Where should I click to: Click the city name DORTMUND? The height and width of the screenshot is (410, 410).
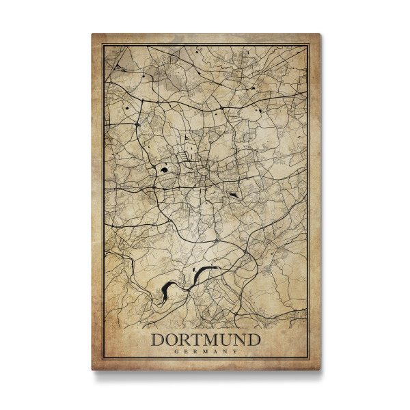pyautogui.click(x=206, y=339)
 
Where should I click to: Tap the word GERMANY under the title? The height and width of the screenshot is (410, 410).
pyautogui.click(x=206, y=351)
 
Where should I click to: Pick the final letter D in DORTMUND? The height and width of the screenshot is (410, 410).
pyautogui.click(x=254, y=339)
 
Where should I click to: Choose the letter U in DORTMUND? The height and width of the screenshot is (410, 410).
pyautogui.click(x=227, y=339)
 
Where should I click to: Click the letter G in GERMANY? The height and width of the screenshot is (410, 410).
pyautogui.click(x=177, y=351)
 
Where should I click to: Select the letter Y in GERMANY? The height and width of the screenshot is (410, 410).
pyautogui.click(x=235, y=351)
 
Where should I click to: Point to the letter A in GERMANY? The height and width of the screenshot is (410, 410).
pyautogui.click(x=215, y=351)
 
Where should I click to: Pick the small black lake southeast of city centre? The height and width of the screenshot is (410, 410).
pyautogui.click(x=233, y=195)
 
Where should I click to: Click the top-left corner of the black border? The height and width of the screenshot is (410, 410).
pyautogui.click(x=103, y=45)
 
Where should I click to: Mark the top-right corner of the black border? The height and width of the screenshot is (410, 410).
pyautogui.click(x=309, y=45)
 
